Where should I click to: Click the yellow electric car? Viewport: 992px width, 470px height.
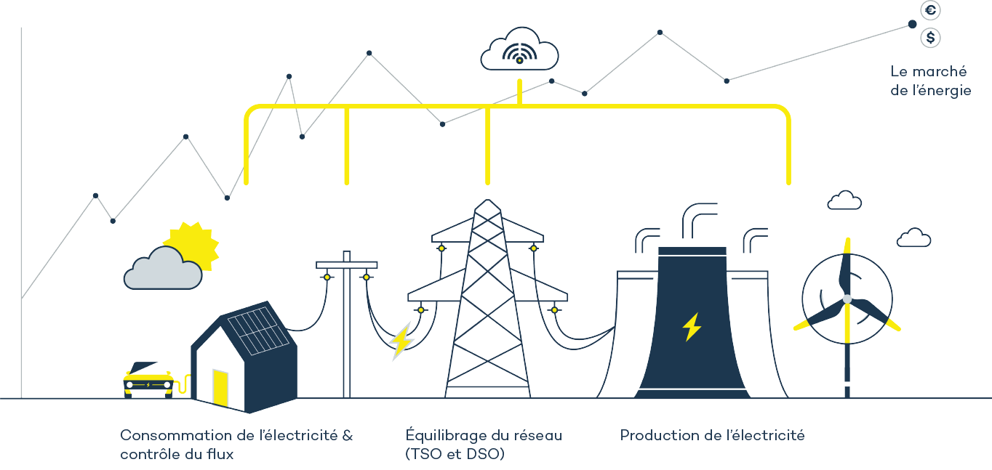pos(148,378)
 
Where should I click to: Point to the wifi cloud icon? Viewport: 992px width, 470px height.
pos(519,49)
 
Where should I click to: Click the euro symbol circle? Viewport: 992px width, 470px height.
pos(930,10)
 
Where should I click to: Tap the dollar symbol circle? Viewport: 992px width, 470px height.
pos(930,37)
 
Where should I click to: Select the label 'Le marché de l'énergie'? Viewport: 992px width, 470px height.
pos(930,81)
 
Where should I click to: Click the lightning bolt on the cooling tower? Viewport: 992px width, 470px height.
pos(691,327)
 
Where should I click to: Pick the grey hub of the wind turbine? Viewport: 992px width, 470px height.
pos(847,299)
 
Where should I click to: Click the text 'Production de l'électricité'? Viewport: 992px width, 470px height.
pos(712,436)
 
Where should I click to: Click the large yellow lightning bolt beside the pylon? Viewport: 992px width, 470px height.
pos(400,340)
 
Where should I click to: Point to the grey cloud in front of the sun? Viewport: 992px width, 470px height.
pos(161,270)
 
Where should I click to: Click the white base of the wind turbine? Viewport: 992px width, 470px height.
pos(847,377)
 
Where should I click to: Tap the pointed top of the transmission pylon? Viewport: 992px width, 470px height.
pos(487,205)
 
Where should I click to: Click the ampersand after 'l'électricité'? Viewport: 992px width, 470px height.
pos(347,436)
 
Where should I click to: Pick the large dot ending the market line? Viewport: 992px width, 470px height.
pos(912,24)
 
